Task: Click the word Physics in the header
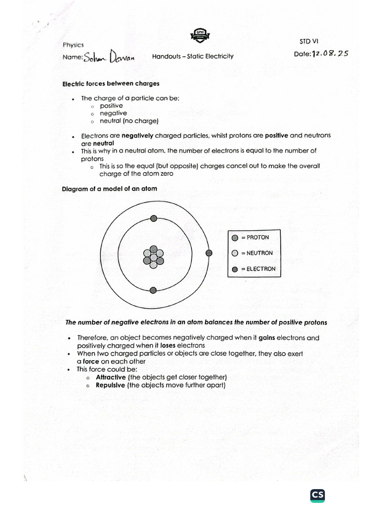[73, 45]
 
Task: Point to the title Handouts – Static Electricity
[192, 57]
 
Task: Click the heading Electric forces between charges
[111, 84]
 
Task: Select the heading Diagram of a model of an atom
[109, 189]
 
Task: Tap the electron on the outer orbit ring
[209, 253]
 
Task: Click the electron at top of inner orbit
[154, 218]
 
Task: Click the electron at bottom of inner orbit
[153, 290]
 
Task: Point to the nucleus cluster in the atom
[153, 256]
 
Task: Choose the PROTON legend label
[254, 238]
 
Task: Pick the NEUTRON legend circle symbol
[235, 254]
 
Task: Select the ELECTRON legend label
[258, 269]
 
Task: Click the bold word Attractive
[111, 377]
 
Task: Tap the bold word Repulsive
[111, 385]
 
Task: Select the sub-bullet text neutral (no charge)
[128, 121]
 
